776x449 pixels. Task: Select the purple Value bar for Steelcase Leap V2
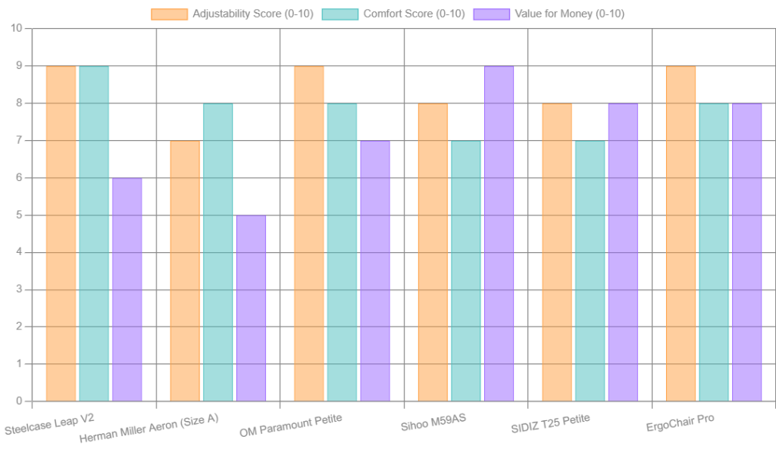(x=127, y=289)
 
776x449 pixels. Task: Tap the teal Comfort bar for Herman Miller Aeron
(x=218, y=252)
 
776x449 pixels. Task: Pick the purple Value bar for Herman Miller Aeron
(x=251, y=308)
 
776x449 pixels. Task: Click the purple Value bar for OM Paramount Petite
(x=374, y=270)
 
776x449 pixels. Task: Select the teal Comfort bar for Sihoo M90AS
(x=466, y=270)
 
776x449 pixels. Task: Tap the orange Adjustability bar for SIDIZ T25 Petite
(x=556, y=252)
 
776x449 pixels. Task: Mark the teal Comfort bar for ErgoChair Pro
(x=714, y=252)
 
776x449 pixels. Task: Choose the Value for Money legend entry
(x=549, y=14)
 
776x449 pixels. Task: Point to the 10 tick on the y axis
(x=17, y=29)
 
